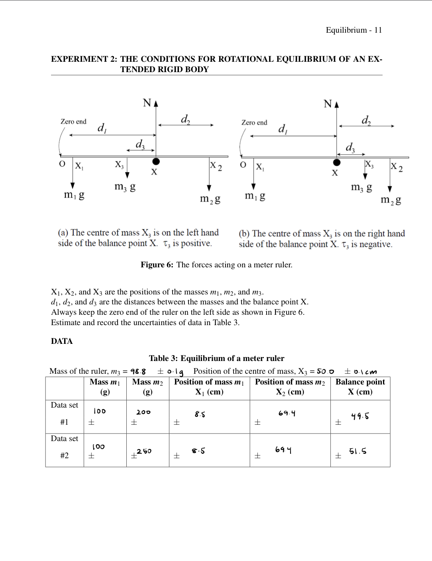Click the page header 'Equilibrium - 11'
click(353, 30)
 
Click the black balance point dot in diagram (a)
click(156, 161)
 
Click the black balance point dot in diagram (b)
click(337, 162)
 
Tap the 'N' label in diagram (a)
click(147, 103)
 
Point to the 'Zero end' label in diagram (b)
click(254, 122)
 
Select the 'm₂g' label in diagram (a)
click(210, 199)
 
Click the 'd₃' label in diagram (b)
click(350, 147)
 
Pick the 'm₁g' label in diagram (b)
click(255, 196)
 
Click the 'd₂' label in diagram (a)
click(185, 119)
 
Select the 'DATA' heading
click(62, 341)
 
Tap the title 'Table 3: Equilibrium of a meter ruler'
click(216, 358)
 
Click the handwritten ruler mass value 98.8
click(138, 372)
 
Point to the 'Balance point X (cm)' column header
click(360, 386)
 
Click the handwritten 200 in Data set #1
click(143, 412)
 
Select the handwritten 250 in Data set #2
click(144, 451)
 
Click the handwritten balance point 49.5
click(360, 416)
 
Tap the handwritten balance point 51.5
click(357, 451)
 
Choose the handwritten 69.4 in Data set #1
click(287, 413)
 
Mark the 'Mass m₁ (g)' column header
click(105, 386)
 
